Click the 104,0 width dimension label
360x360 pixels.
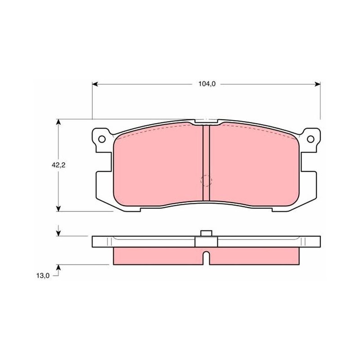(207, 84)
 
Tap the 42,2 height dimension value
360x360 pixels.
(58, 165)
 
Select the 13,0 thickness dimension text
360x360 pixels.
(43, 275)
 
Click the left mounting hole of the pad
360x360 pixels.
(102, 139)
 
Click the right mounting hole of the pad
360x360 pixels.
(310, 139)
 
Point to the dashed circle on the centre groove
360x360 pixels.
(206, 180)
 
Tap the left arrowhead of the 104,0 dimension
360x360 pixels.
(95, 84)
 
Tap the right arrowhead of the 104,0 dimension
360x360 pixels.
(317, 84)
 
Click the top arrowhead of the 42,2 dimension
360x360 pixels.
(58, 122)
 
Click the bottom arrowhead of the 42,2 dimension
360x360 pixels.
(58, 208)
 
